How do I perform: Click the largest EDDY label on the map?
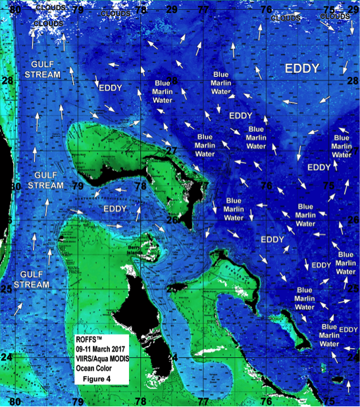point(302,68)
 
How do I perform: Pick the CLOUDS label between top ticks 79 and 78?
point(116,13)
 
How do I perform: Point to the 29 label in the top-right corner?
point(352,9)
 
